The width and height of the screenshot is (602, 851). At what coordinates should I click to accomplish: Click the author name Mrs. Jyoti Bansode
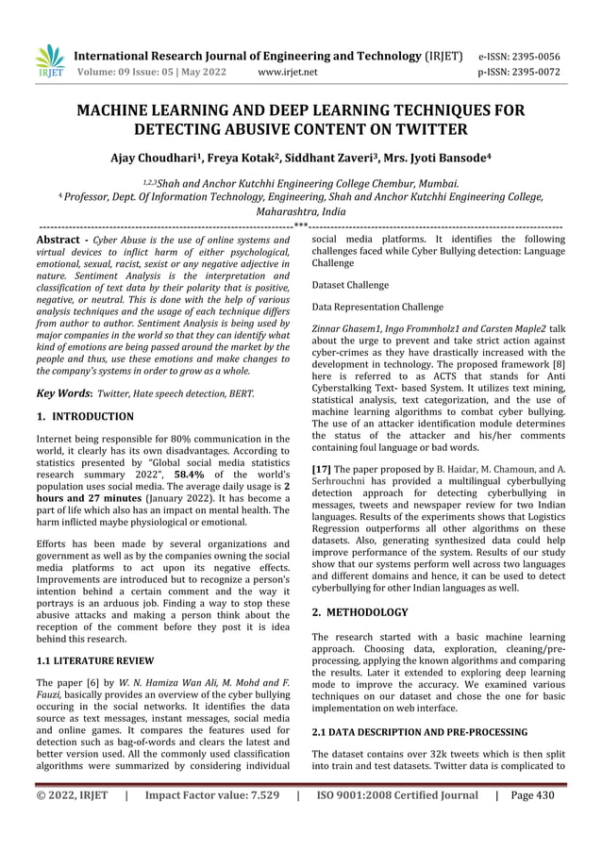(x=451, y=156)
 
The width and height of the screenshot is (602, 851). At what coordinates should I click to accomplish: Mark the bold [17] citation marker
(x=321, y=468)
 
